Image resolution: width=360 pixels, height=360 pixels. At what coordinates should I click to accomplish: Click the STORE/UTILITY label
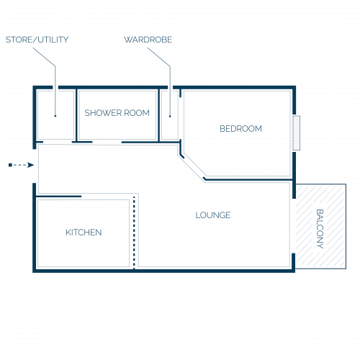pyautogui.click(x=37, y=40)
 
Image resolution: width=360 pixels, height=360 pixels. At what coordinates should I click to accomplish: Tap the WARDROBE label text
pyautogui.click(x=148, y=40)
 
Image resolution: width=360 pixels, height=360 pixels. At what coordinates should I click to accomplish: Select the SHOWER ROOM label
pyautogui.click(x=117, y=113)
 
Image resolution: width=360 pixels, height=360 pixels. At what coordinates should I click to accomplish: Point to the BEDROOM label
pyautogui.click(x=240, y=129)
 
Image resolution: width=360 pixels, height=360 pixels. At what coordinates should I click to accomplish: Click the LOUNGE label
pyautogui.click(x=213, y=215)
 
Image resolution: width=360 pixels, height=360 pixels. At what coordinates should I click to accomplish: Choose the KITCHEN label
pyautogui.click(x=84, y=233)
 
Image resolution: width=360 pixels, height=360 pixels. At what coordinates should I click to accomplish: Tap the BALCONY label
pyautogui.click(x=320, y=229)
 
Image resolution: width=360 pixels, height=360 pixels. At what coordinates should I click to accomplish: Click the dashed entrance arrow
pyautogui.click(x=21, y=165)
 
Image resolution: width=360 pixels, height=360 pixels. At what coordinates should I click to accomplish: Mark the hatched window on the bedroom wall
pyautogui.click(x=297, y=133)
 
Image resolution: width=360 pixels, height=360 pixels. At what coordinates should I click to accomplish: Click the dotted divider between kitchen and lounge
pyautogui.click(x=134, y=232)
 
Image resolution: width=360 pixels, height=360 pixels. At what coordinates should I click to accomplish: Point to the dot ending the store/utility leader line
pyautogui.click(x=55, y=116)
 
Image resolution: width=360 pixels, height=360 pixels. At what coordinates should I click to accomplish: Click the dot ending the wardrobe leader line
pyautogui.click(x=170, y=116)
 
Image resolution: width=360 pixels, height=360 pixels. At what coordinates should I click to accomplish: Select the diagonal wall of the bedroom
pyautogui.click(x=192, y=166)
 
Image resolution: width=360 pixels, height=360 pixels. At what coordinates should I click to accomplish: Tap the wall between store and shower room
pyautogui.click(x=76, y=115)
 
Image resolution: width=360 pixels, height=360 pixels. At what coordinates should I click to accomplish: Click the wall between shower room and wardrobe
pyautogui.click(x=158, y=115)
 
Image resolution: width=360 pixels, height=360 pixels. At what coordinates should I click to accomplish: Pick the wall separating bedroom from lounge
pyautogui.click(x=248, y=179)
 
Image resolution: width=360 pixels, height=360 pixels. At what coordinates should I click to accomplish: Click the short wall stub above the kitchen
pyautogui.click(x=59, y=197)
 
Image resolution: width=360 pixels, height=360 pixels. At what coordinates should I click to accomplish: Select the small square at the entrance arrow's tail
pyautogui.click(x=10, y=165)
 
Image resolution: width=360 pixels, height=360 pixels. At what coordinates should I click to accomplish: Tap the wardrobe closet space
pyautogui.click(x=170, y=127)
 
